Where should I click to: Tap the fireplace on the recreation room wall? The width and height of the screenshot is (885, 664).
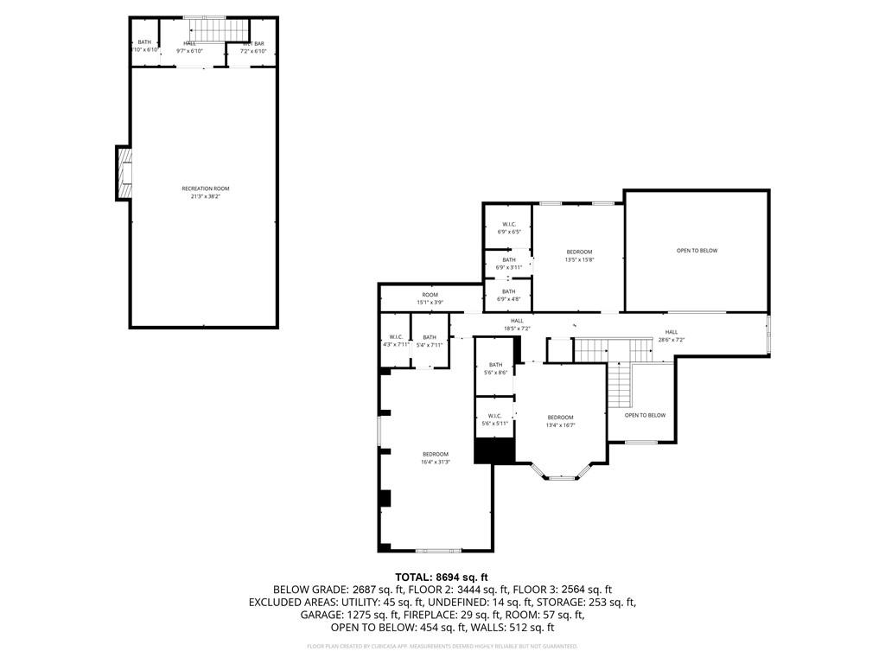[125, 173]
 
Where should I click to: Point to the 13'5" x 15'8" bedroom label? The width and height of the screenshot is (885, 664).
[579, 255]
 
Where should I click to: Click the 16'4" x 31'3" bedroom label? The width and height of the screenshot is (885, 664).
[436, 458]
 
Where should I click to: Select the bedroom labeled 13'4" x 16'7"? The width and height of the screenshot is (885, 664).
[561, 421]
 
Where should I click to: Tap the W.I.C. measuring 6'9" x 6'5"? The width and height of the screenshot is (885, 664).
[508, 228]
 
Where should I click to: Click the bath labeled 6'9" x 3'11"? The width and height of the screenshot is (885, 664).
[508, 264]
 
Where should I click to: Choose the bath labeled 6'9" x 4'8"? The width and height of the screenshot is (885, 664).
[508, 296]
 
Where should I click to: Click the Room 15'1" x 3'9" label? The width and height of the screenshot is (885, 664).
[430, 298]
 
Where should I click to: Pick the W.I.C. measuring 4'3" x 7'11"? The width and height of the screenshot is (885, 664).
[395, 341]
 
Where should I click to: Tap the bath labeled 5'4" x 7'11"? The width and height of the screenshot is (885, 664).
[430, 341]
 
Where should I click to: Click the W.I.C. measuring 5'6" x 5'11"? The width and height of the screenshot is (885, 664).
[495, 419]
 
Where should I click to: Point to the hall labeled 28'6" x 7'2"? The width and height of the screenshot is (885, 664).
[672, 335]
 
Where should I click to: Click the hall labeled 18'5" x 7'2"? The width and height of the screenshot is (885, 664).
[517, 324]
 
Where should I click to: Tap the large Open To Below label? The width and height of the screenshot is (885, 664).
[697, 251]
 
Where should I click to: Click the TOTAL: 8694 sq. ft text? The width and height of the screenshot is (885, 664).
[442, 577]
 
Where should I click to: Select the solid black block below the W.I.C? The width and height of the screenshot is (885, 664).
[495, 450]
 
